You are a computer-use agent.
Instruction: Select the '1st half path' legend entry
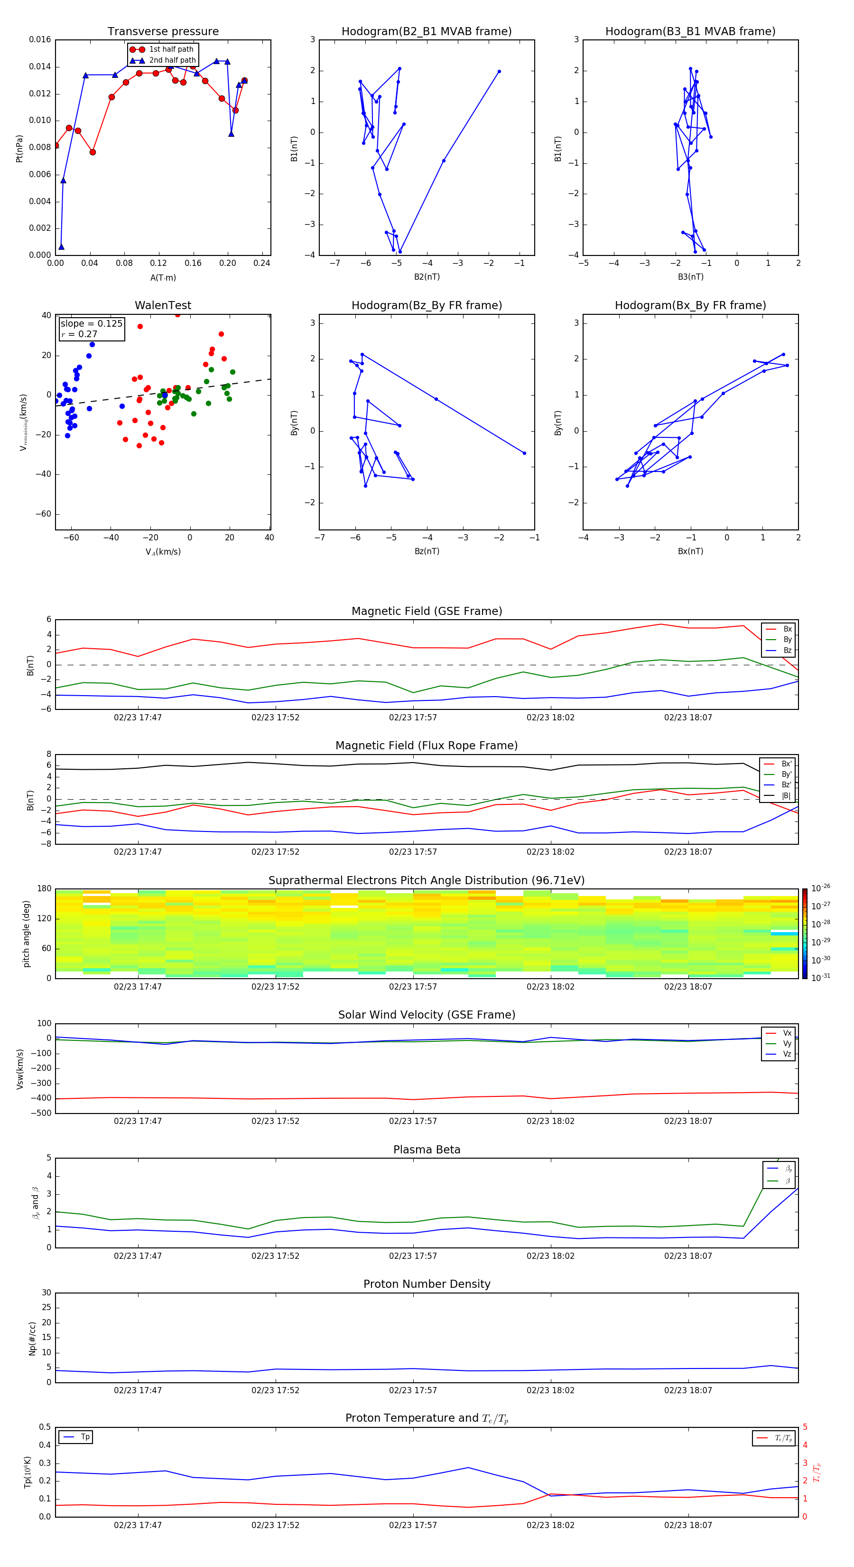(x=171, y=49)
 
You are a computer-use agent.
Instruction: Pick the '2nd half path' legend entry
(x=172, y=60)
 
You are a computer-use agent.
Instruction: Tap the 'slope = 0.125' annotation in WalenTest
(x=91, y=324)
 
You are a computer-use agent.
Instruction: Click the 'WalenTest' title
(x=163, y=305)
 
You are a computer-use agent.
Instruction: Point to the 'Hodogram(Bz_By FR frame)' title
(x=427, y=305)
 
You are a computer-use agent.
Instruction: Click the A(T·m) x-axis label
(x=163, y=277)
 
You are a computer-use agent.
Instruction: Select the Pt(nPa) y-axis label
(x=19, y=149)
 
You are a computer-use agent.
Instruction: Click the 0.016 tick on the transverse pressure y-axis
(x=40, y=39)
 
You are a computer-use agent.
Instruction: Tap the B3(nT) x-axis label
(x=690, y=277)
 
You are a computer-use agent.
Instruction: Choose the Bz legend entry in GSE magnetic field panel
(x=787, y=650)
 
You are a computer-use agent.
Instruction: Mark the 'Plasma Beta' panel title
(x=427, y=1150)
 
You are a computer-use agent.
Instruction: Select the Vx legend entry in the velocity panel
(x=787, y=1033)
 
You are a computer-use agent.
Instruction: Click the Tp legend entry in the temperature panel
(x=85, y=1437)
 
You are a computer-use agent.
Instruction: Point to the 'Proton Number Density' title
(x=427, y=1284)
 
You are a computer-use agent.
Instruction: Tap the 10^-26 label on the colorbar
(x=821, y=888)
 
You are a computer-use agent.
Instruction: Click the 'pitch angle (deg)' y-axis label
(x=26, y=933)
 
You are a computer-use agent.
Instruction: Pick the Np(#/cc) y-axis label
(x=32, y=1338)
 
